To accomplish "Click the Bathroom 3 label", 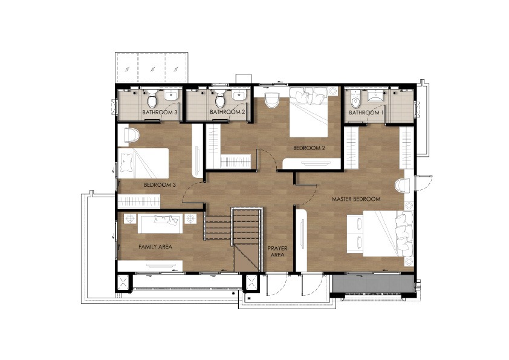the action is coord(160,112).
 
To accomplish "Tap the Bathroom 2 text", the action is coord(227,112).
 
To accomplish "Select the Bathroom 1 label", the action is coord(364,113).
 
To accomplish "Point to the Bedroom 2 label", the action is coord(309,148).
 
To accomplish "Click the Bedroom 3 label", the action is coord(160,185).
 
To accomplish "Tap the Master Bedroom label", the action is coord(356,199).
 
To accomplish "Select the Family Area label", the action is coord(155,247).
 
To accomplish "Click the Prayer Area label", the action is coord(277,252).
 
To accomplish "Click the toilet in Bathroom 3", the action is coord(152,99).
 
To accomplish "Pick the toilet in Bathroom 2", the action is coord(220,99).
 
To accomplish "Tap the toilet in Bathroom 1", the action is coord(356,99).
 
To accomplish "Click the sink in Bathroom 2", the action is coord(239,95).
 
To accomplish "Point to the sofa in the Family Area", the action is coord(160,224).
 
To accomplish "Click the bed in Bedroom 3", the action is coord(143,163).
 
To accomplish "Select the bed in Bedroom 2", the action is coord(309,112).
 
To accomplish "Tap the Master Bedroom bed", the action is coord(380,234).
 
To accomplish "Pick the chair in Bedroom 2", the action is coord(272,100).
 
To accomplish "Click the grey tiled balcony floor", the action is coord(373,284).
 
